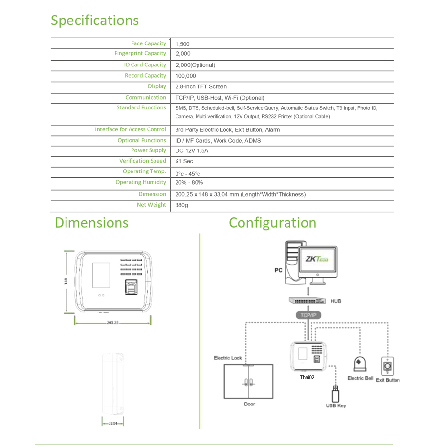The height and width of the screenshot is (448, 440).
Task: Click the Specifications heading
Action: (95, 21)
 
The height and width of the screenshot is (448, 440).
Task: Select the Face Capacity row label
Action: (149, 43)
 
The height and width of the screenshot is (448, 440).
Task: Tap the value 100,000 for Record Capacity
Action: (185, 76)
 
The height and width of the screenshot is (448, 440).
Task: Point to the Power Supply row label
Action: (149, 150)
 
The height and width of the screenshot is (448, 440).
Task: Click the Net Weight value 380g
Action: (181, 205)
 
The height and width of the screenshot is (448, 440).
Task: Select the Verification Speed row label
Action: (143, 161)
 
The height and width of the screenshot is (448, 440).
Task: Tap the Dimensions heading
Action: (91, 222)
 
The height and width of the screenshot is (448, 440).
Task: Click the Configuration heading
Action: (272, 222)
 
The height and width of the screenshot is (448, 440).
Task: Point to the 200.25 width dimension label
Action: (112, 323)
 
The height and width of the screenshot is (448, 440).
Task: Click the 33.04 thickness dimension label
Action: (112, 423)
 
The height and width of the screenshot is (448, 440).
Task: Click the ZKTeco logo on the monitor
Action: (317, 259)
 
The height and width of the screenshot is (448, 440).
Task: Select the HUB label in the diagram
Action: (336, 301)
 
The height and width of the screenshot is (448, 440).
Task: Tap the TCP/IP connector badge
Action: (308, 315)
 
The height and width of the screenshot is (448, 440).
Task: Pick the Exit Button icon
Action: (388, 365)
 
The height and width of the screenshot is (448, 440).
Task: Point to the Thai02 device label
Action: (307, 377)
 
